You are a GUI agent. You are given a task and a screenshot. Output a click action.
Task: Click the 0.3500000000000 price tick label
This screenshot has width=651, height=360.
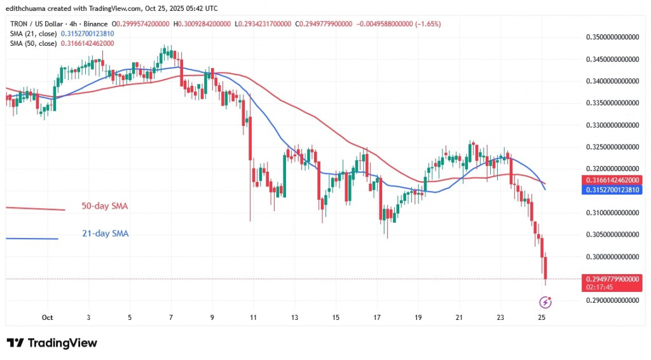coord(611,38)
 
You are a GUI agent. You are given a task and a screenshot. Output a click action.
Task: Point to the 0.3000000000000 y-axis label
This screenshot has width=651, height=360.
coord(611,257)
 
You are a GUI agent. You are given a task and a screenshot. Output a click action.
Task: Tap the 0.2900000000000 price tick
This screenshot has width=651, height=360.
coord(611,301)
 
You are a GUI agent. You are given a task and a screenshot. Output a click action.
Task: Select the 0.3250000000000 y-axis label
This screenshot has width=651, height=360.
coord(611,147)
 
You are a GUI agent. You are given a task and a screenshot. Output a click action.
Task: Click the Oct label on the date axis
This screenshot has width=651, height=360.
coord(47,317)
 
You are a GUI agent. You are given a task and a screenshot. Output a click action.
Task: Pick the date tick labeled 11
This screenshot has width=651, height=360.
coord(253,317)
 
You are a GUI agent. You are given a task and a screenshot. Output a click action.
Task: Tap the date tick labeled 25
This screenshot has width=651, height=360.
coord(542,317)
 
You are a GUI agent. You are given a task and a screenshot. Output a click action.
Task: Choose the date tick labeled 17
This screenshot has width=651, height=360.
coord(377,317)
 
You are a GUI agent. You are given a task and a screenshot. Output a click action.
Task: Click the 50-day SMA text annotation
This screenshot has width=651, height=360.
coord(106,206)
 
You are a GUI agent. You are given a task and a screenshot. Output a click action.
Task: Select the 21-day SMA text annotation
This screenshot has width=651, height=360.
coord(106,233)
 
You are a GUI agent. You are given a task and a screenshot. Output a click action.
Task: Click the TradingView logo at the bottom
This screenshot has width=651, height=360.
coord(52,343)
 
